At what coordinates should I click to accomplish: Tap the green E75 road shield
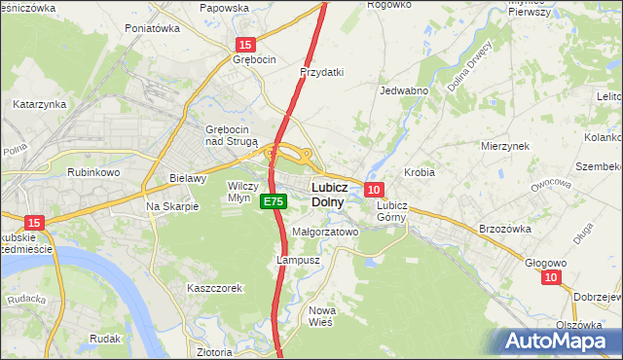click(x=273, y=200)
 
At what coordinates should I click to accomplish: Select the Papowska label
click(x=224, y=8)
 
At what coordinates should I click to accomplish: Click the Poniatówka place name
click(x=153, y=29)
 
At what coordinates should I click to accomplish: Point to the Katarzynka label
click(x=39, y=103)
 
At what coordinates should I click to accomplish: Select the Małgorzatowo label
click(x=326, y=233)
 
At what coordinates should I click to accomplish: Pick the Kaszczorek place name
click(x=214, y=288)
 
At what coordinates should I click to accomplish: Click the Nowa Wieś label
click(x=322, y=316)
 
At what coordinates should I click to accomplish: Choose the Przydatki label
click(x=322, y=72)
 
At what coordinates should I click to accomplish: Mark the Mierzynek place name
click(x=504, y=145)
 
